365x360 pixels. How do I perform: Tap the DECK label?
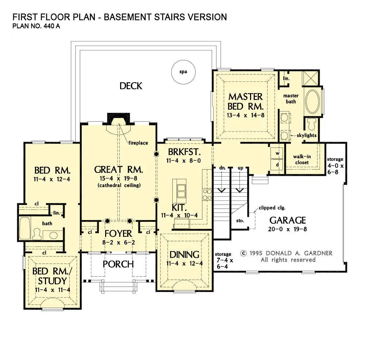click(131, 86)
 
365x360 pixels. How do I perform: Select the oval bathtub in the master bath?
click(312, 102)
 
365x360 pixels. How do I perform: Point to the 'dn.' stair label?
click(222, 168)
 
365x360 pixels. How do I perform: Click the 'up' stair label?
click(241, 168)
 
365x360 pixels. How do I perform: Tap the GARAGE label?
click(288, 220)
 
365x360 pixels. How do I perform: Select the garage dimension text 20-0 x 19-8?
click(288, 229)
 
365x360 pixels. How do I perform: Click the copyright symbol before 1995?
click(243, 253)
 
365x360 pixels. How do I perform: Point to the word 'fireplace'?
click(138, 143)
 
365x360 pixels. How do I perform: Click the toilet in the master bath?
click(312, 124)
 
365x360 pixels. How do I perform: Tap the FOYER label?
click(118, 234)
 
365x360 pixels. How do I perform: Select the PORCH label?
click(118, 264)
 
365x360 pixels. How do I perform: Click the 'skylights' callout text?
click(307, 136)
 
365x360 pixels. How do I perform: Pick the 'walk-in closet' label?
click(302, 159)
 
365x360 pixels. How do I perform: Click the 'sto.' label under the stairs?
click(240, 221)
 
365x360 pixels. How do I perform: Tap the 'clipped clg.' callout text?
click(272, 208)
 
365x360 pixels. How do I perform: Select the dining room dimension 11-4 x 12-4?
click(184, 264)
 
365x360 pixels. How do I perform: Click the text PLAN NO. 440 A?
click(36, 26)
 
